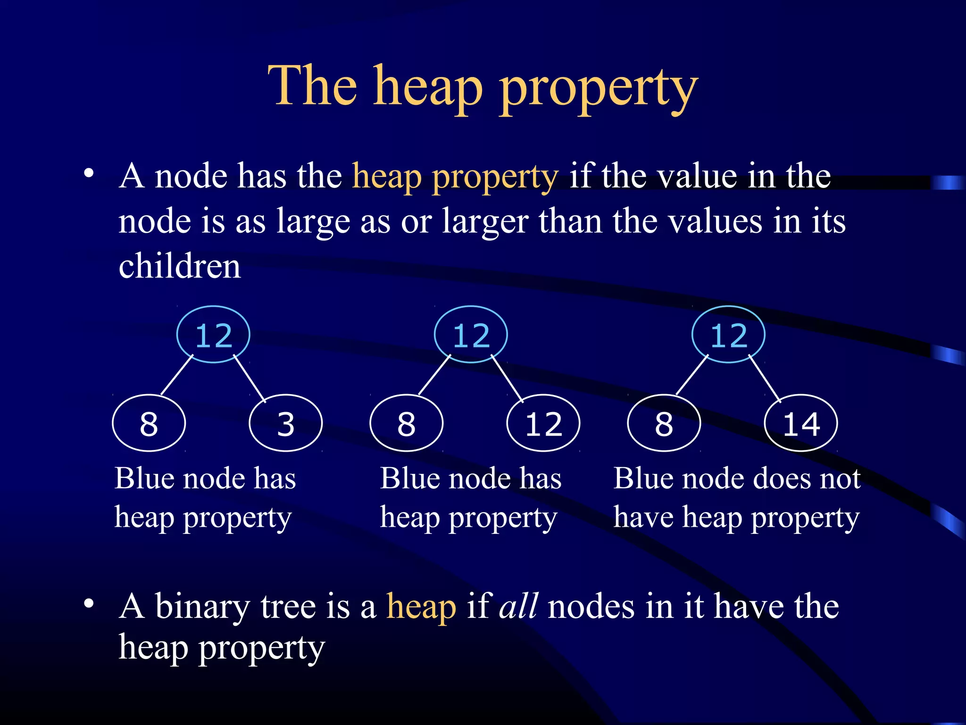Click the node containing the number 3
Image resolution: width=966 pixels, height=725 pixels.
(x=285, y=423)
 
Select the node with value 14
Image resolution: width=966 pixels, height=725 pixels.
(x=800, y=423)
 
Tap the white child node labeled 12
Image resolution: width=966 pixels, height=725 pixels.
(x=543, y=423)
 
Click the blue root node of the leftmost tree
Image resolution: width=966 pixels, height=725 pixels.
(x=213, y=335)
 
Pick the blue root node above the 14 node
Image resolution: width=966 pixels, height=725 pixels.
(x=728, y=335)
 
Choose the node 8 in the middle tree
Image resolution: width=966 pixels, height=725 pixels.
(x=406, y=423)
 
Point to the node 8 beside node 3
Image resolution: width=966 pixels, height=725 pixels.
(x=149, y=423)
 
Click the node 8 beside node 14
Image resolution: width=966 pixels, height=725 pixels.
(x=664, y=423)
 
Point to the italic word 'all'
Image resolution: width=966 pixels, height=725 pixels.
(x=518, y=606)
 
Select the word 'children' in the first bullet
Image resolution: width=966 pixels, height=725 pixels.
(x=180, y=266)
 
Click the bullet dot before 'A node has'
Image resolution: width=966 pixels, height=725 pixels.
(x=89, y=174)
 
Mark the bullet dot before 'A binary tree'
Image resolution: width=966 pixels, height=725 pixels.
(x=89, y=604)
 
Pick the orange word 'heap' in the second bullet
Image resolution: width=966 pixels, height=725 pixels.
(x=421, y=608)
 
